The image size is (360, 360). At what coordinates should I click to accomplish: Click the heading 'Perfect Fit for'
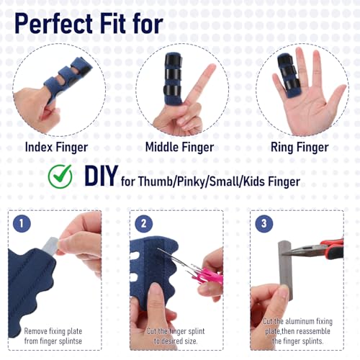coord(89,22)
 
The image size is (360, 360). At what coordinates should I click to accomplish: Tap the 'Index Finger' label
coord(56,147)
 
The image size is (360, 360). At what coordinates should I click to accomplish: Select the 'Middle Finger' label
coord(179,147)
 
